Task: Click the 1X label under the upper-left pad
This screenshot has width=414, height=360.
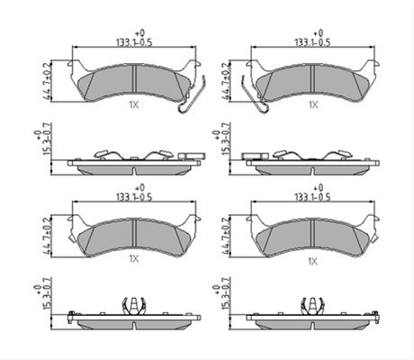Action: pos(134,104)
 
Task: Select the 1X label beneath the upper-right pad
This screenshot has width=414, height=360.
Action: pos(313,104)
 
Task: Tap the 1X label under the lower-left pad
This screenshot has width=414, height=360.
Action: pos(134,258)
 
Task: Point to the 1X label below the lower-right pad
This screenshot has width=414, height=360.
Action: pos(312,262)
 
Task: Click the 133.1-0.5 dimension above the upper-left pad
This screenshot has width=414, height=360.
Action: pos(134,42)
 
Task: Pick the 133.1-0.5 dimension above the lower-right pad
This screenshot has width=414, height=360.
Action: pos(312,197)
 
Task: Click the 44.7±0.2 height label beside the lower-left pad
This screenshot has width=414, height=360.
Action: pos(47,236)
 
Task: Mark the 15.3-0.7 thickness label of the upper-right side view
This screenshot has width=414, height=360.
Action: pos(225,139)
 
